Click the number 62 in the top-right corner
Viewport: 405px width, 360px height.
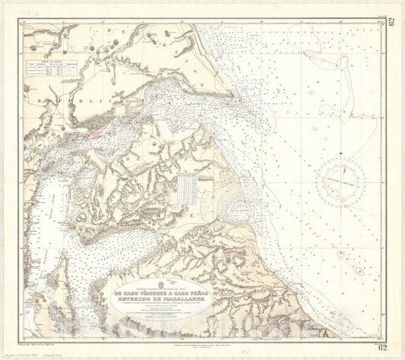(x=393, y=21)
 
